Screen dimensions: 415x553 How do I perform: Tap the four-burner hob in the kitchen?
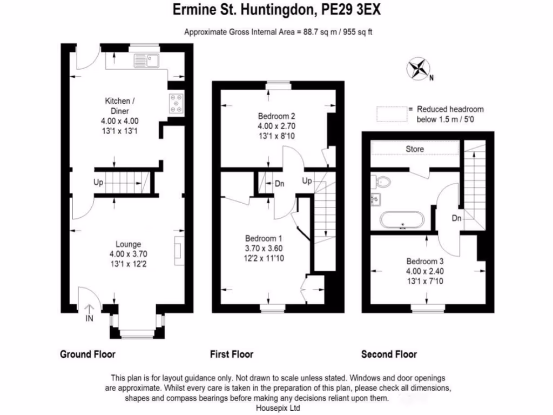point(177,103)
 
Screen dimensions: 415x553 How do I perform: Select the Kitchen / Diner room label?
point(117,106)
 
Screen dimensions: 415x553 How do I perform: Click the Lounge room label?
point(127,244)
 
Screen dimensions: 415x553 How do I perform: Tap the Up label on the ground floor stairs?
point(98,183)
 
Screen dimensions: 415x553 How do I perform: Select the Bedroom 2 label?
point(276,116)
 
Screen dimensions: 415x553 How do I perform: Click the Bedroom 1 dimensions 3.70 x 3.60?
point(264,248)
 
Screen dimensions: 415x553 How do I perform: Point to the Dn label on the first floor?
point(279,184)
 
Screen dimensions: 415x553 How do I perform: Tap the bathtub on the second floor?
point(402,220)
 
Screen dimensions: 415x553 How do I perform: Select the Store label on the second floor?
point(415,149)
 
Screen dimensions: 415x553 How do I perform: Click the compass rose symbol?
point(417,69)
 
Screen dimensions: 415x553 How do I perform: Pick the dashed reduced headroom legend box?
point(392,113)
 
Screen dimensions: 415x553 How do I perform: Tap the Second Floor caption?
point(389,354)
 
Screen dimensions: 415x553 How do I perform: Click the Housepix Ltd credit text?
point(277,408)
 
